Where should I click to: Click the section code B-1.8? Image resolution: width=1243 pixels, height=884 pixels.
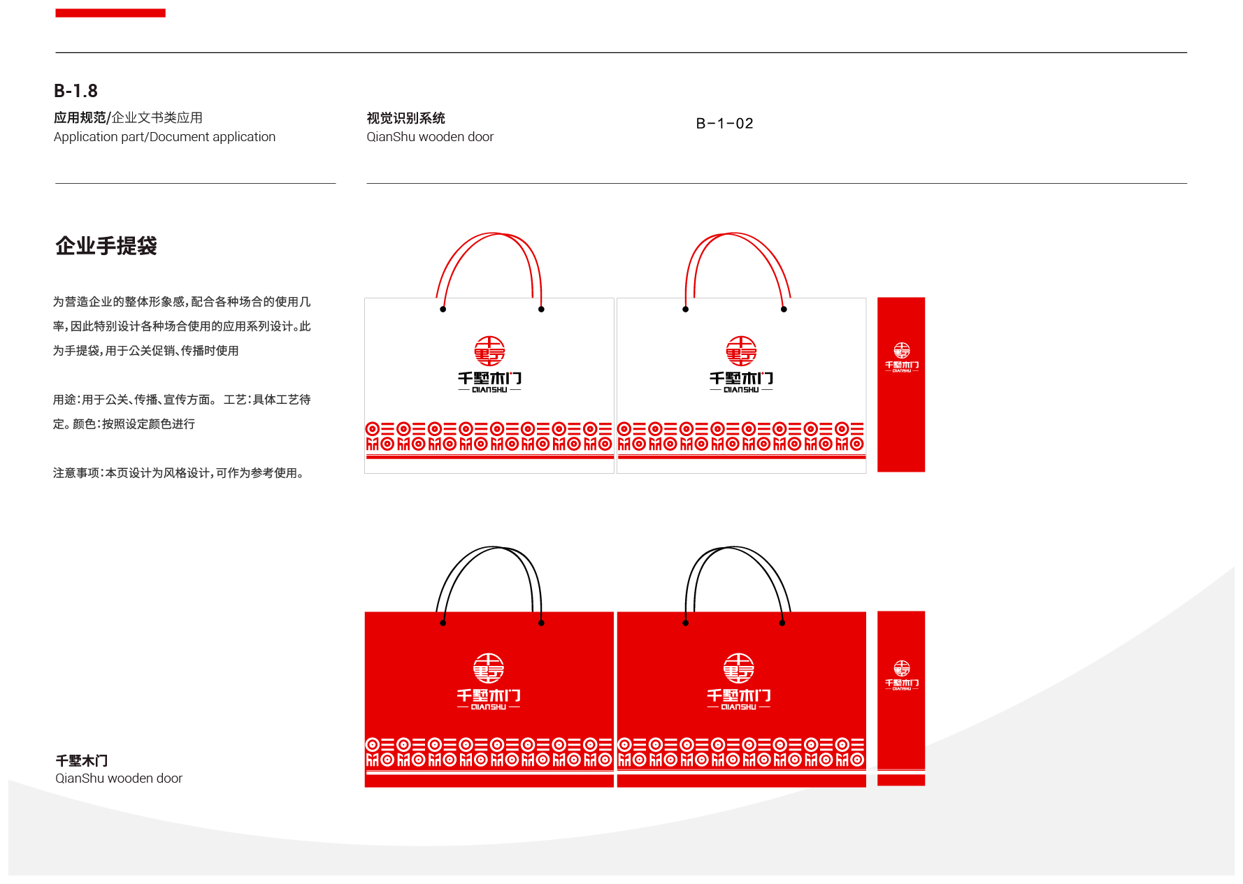click(x=76, y=91)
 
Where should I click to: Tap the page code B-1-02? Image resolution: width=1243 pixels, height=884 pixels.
click(x=724, y=124)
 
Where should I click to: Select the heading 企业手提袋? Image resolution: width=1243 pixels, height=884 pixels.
click(x=106, y=246)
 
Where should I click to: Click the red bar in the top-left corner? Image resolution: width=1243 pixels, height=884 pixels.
click(x=110, y=13)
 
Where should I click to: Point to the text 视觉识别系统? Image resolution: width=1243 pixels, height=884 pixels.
click(x=405, y=118)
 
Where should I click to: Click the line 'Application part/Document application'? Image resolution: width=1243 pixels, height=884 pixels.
click(x=164, y=137)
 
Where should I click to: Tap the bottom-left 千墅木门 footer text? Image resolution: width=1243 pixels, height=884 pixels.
click(x=82, y=760)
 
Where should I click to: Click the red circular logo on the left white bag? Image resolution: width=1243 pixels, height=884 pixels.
click(x=489, y=351)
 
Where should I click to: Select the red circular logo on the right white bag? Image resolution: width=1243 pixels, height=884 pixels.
click(x=741, y=351)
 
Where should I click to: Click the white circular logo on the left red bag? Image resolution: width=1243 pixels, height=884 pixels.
click(x=489, y=668)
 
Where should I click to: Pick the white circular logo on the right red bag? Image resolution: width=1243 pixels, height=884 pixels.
click(x=739, y=668)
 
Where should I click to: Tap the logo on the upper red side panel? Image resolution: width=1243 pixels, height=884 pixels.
click(x=902, y=350)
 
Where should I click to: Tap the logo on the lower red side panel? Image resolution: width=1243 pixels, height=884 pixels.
click(x=902, y=669)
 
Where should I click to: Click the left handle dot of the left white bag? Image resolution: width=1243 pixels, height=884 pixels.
click(x=443, y=309)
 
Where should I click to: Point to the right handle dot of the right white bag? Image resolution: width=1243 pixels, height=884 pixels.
click(x=784, y=309)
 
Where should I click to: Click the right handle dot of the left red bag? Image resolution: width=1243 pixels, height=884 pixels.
click(x=541, y=623)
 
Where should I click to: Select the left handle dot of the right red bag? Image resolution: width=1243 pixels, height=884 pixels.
click(x=685, y=623)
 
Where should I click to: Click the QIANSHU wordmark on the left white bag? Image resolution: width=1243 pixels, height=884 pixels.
click(x=489, y=390)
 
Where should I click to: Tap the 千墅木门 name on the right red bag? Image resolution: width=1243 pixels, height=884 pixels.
click(x=739, y=695)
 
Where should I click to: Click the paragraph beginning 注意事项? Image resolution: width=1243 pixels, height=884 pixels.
click(x=179, y=473)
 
